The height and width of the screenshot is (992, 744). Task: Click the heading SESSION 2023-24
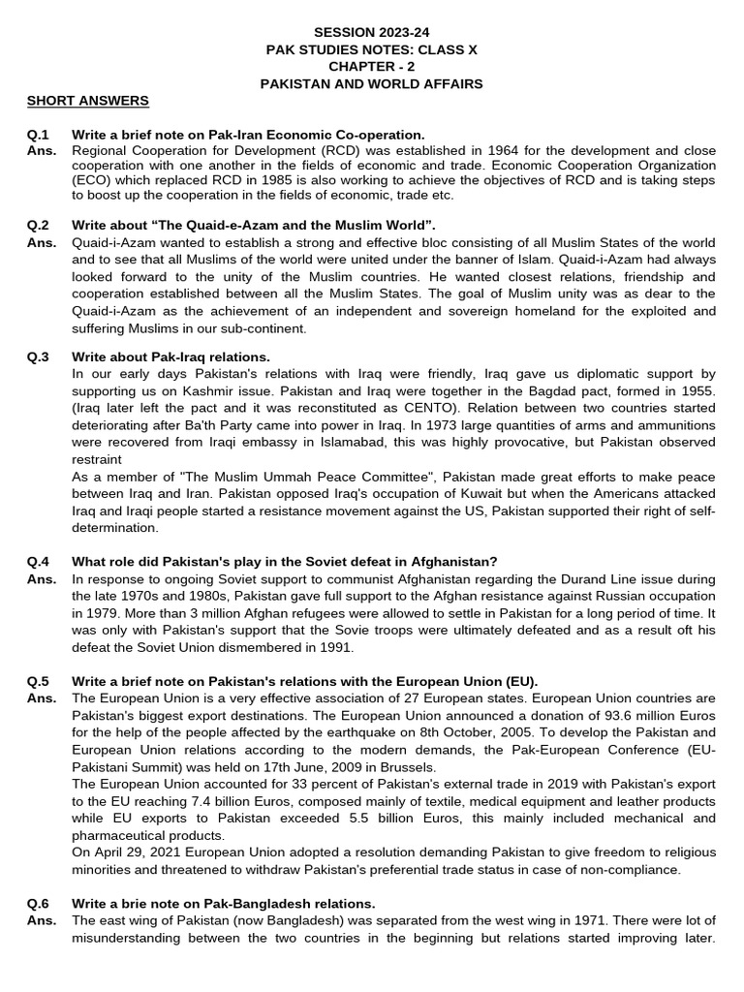372,32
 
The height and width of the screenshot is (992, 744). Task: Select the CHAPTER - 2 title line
372,66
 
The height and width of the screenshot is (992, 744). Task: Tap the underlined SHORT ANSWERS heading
88,101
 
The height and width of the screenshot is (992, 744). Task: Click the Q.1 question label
39,135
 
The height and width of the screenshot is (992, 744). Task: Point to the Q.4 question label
39,562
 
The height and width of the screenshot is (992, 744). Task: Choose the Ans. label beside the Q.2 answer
42,242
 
